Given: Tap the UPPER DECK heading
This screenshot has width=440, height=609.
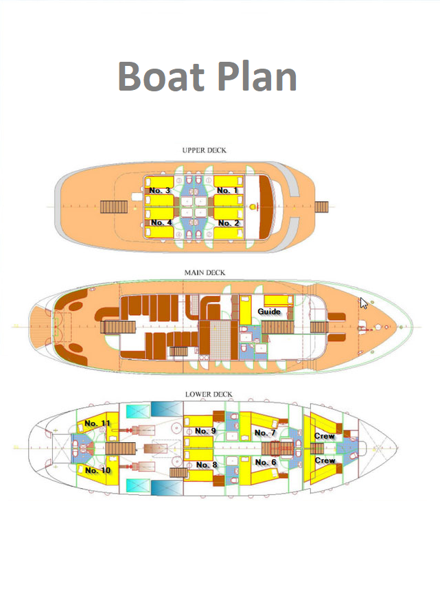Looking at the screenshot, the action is point(204,150).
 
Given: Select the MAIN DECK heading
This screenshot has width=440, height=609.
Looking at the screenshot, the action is point(205,273).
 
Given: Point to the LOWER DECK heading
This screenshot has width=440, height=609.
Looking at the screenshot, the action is point(209,394).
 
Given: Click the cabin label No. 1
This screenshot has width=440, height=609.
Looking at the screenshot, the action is point(228,190).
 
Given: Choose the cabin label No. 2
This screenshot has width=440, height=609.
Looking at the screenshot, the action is point(229,222).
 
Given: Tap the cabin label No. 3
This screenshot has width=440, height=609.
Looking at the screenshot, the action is point(160,190).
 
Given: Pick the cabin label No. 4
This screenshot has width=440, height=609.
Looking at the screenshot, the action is point(161,222).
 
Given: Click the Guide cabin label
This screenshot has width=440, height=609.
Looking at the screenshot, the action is point(269,312).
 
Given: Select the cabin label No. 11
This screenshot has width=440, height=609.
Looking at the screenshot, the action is point(97,423).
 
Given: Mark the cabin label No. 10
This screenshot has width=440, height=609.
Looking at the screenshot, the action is point(97,470).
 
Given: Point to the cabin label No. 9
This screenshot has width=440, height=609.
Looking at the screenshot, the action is point(205,430).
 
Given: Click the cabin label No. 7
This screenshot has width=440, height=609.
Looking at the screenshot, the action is point(265,433).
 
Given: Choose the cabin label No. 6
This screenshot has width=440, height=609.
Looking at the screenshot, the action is point(266,462).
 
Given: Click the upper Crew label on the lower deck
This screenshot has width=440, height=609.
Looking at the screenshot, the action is point(325,436).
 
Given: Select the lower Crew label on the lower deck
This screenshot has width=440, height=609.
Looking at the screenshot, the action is point(325,461).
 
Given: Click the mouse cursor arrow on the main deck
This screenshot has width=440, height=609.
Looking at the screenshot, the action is point(364,303).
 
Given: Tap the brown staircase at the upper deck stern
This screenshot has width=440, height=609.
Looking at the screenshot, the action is point(110,207).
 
